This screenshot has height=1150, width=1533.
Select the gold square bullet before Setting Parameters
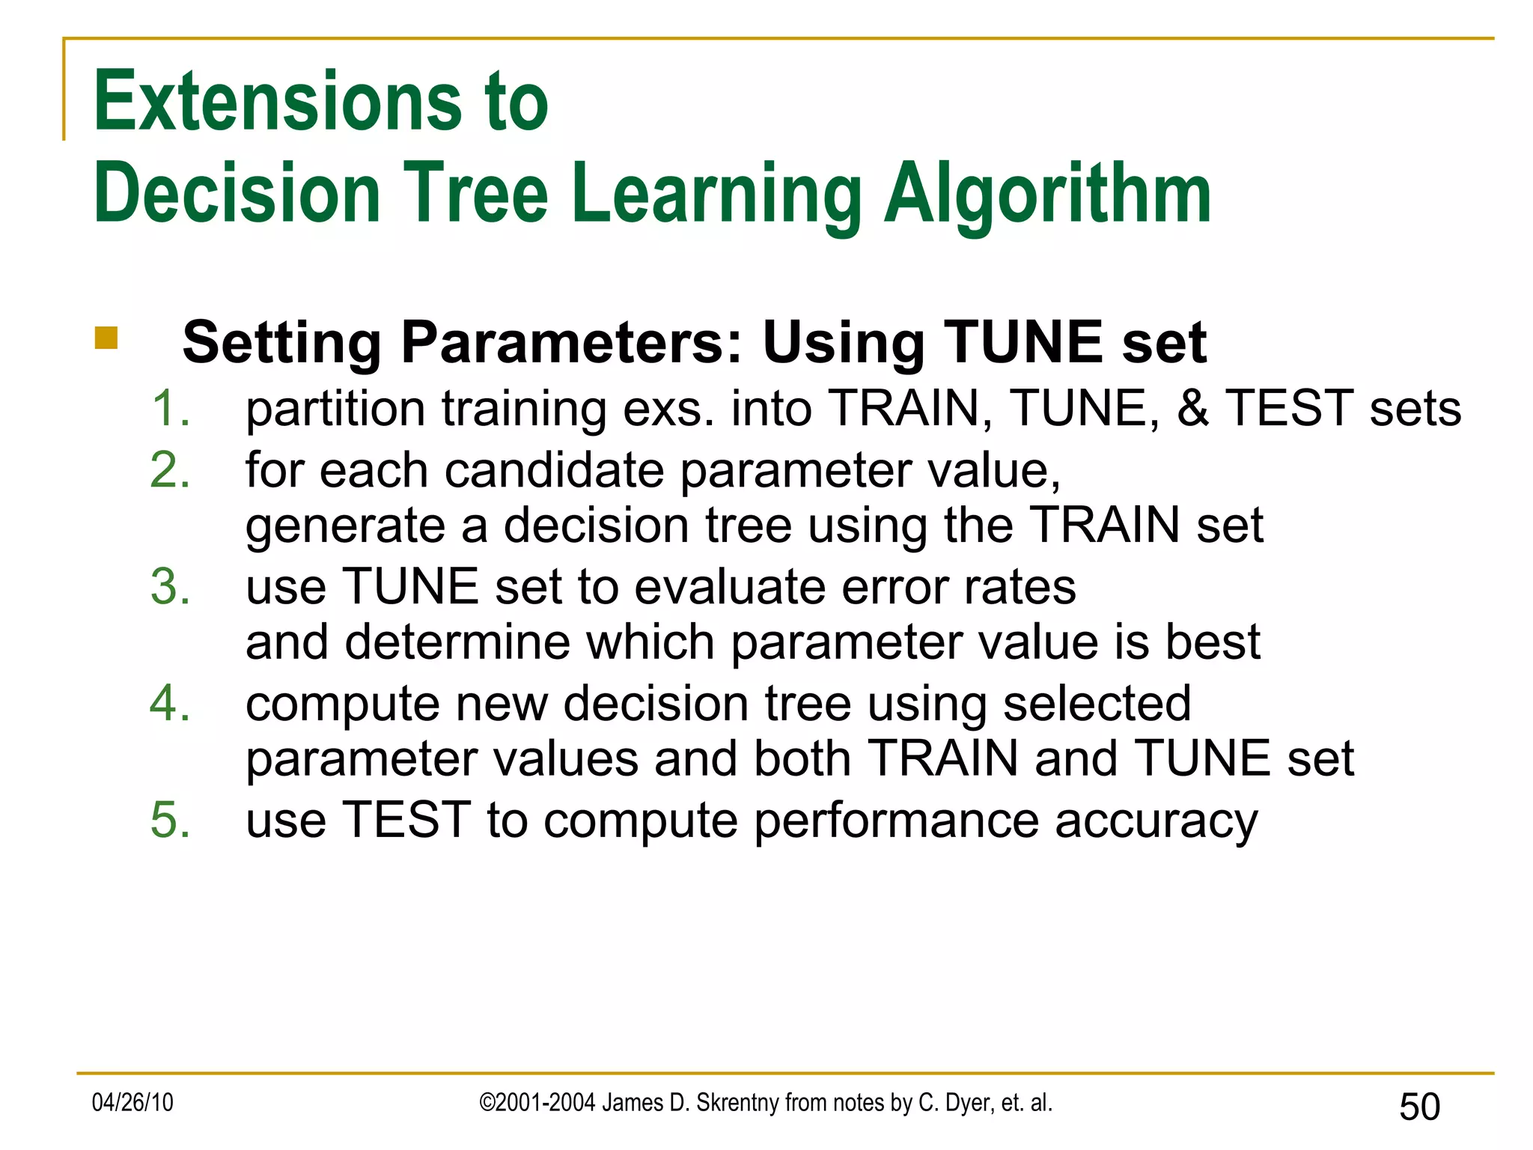click(106, 338)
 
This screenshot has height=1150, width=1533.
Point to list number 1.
click(171, 409)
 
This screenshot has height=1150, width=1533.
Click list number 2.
click(171, 471)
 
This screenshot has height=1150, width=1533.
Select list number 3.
click(171, 587)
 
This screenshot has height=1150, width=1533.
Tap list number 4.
click(171, 704)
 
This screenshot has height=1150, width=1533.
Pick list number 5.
click(171, 820)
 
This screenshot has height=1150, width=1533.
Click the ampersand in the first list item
click(1192, 409)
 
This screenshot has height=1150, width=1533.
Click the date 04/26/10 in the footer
click(132, 1102)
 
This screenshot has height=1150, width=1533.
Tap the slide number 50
click(1419, 1107)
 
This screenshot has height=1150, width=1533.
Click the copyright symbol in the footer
click(487, 1103)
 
